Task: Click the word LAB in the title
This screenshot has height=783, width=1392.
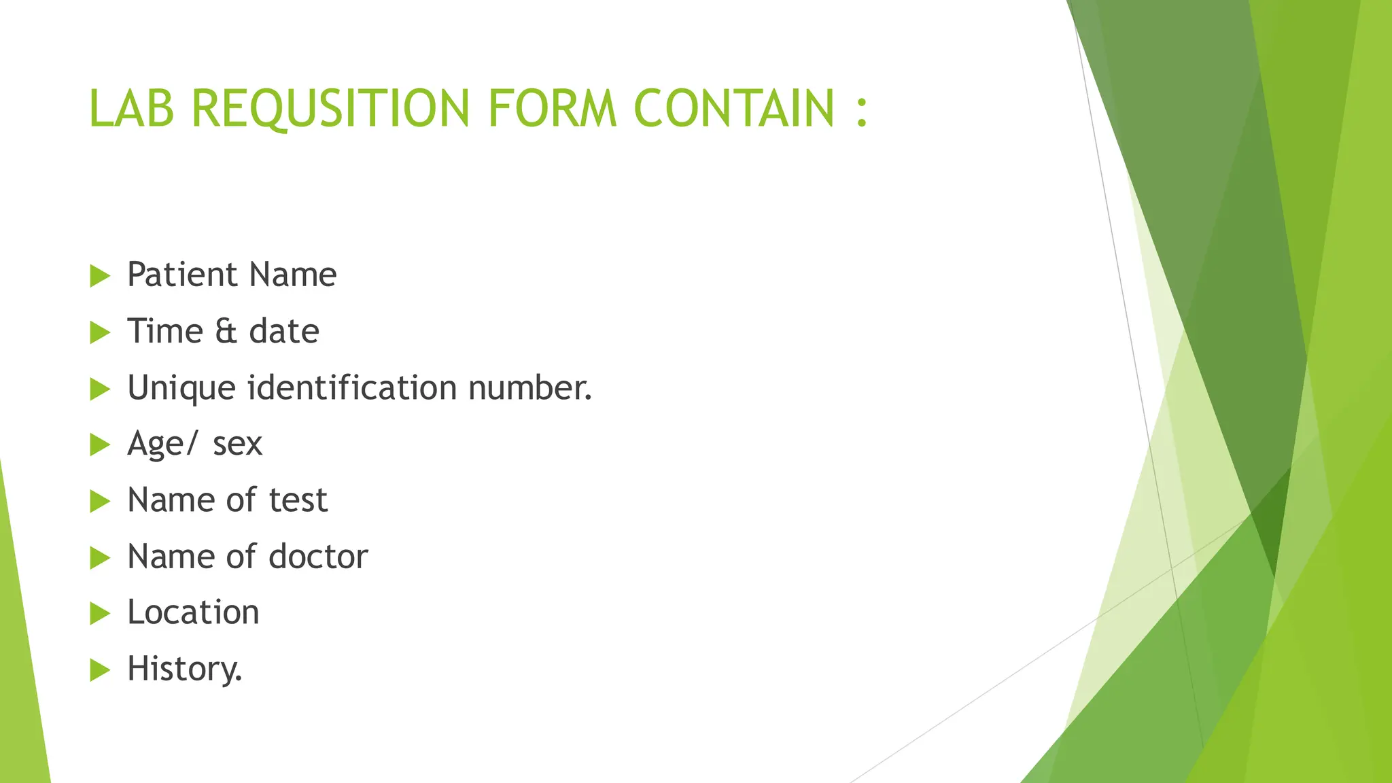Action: [x=131, y=108]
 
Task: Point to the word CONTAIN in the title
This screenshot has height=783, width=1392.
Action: [x=734, y=108]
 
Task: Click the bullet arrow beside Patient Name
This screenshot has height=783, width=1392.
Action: [x=100, y=276]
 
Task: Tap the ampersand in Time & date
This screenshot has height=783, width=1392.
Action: [x=226, y=332]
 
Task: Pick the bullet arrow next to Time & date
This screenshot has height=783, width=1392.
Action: [x=100, y=332]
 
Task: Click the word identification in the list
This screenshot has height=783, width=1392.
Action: [x=352, y=388]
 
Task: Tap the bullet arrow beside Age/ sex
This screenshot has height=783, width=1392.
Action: [x=100, y=445]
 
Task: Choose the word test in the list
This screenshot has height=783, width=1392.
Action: [x=298, y=500]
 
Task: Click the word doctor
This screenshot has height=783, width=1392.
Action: [x=318, y=557]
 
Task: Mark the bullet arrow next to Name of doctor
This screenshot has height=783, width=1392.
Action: [x=100, y=558]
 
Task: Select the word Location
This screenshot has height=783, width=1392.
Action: [x=194, y=612]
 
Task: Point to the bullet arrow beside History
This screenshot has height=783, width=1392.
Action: [x=100, y=670]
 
